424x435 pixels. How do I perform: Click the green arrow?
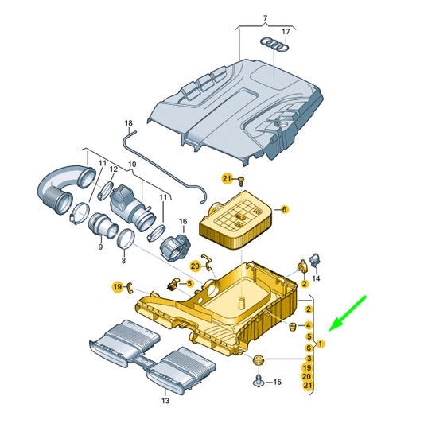pos(348,313)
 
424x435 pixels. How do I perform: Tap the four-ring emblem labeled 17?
pos(274,45)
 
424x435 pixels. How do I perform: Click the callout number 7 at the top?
pos(265,18)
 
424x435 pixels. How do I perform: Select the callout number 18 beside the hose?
pos(129,123)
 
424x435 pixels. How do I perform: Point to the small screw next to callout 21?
pos(242,181)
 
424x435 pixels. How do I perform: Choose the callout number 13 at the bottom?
pos(165,400)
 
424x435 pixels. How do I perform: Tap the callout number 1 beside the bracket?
pos(321,344)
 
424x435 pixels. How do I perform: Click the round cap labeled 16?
pos(173,247)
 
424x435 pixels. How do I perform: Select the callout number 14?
pos(316,278)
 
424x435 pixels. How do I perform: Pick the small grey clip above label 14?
pos(315,259)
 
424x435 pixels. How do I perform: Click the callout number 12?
pos(114,169)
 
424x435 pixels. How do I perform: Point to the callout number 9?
pos(100,247)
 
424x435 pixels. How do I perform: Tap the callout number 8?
pos(123,261)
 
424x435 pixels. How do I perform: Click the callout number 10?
pos(132,165)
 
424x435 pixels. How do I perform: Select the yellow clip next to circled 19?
pos(130,288)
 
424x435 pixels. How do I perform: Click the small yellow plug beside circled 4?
pos(293,327)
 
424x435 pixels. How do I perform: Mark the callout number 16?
pos(183,221)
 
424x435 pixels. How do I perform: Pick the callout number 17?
pos(286,32)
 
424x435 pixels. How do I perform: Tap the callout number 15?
pos(278,382)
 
